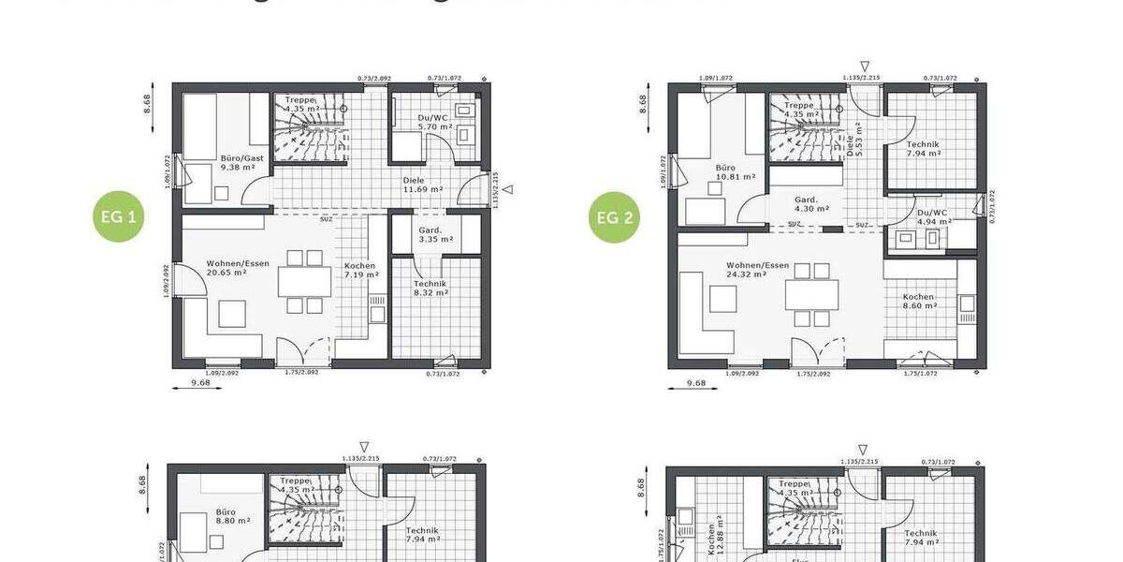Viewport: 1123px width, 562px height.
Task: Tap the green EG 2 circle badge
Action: [x=616, y=217]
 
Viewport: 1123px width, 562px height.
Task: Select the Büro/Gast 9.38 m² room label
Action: [x=241, y=163]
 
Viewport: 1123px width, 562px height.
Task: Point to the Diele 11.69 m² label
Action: [x=423, y=185]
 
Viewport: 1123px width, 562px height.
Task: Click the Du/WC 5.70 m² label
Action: [x=435, y=122]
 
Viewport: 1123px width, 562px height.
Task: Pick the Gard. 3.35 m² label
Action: [x=430, y=234]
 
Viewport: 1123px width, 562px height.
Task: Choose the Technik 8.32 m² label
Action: [x=430, y=288]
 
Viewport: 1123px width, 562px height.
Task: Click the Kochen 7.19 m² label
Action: [x=360, y=270]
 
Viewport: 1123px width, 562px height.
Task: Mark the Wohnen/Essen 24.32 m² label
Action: [x=757, y=270]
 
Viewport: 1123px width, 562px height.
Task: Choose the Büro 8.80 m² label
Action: [x=225, y=517]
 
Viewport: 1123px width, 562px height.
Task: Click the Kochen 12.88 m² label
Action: [x=718, y=534]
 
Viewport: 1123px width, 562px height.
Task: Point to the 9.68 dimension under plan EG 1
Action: [x=198, y=382]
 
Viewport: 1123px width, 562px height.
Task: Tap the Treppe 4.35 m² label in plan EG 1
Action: [x=301, y=104]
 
